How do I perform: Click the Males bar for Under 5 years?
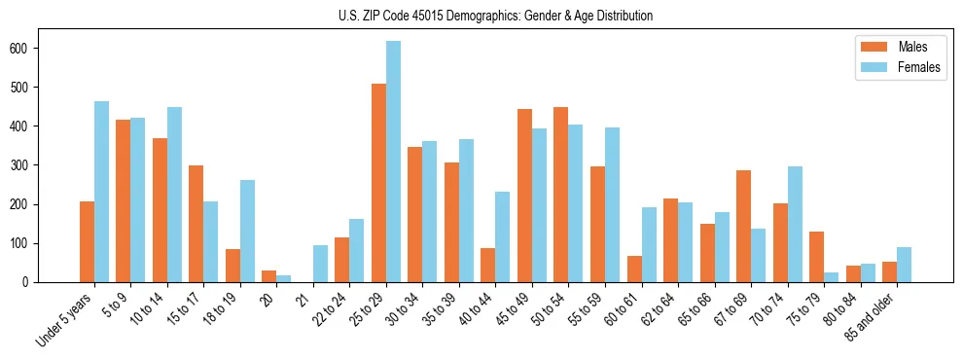pyautogui.click(x=87, y=241)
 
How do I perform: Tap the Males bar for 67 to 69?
pyautogui.click(x=744, y=226)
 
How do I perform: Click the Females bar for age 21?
pyautogui.click(x=320, y=264)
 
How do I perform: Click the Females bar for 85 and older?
pyautogui.click(x=905, y=265)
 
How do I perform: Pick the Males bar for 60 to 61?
pyautogui.click(x=634, y=269)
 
